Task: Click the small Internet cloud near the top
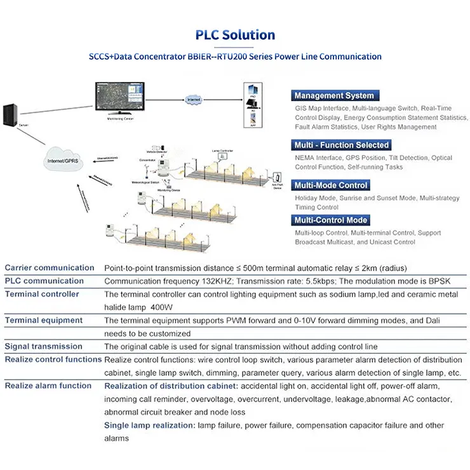coord(193,100)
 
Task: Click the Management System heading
coord(334,96)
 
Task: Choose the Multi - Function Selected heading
coord(342,145)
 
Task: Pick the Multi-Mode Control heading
coord(331,185)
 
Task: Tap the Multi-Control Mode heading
coord(331,220)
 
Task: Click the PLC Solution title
coord(235,35)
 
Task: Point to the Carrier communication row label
coord(50,268)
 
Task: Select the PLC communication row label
coord(44,281)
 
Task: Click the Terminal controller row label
coord(42,294)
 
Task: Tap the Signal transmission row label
coord(44,346)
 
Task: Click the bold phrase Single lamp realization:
coord(149,425)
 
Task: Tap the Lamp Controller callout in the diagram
coord(223,151)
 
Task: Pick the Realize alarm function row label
coord(48,386)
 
